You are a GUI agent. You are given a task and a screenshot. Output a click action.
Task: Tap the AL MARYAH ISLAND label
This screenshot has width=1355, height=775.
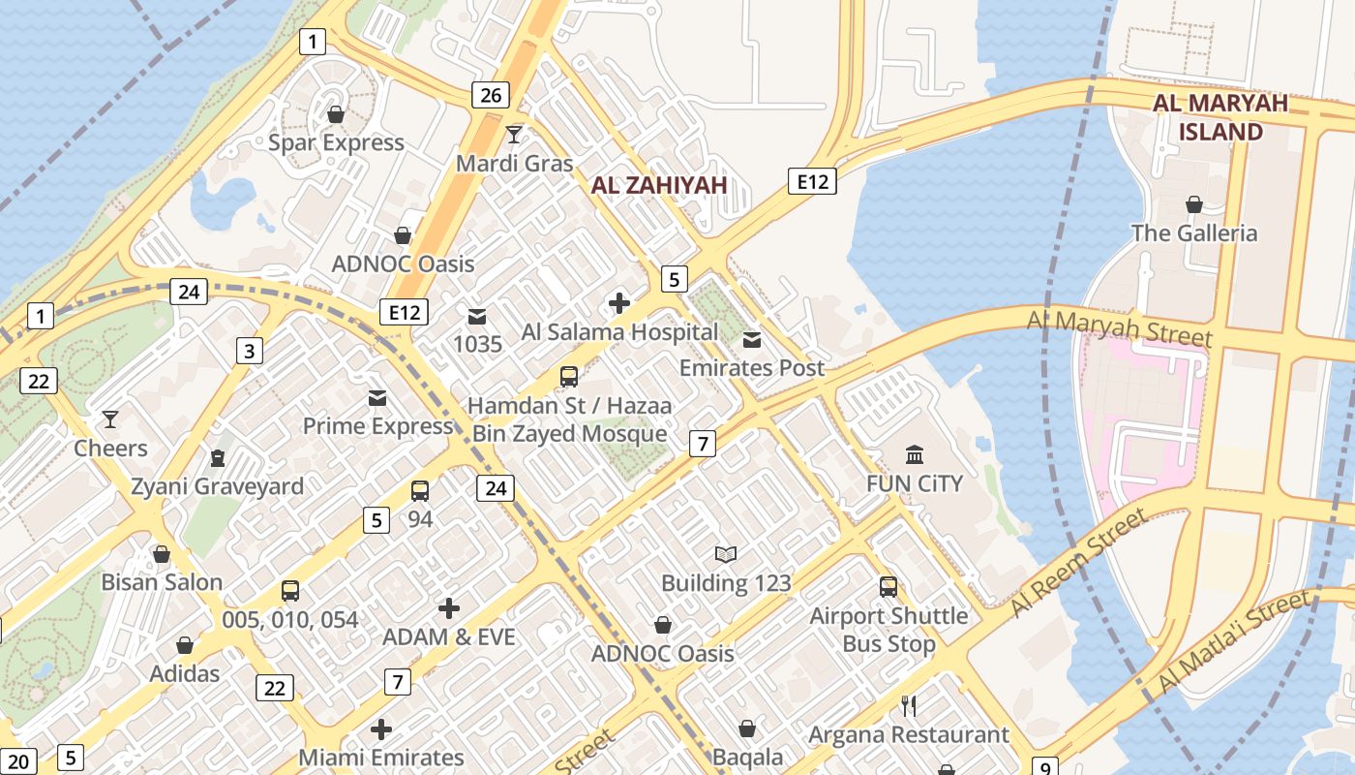[x=1220, y=117]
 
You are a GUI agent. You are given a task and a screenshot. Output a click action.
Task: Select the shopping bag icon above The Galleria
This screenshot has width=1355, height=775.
[x=1194, y=204]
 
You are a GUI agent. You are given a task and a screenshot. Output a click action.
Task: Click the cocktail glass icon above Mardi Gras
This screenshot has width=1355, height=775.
[x=514, y=134]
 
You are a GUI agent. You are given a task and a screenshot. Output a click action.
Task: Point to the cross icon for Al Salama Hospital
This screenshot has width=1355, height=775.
[x=619, y=303]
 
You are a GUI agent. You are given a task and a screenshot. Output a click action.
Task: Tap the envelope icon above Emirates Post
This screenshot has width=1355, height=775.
[x=752, y=339]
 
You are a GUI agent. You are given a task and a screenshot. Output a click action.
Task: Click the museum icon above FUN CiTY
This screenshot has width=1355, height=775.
[x=915, y=453]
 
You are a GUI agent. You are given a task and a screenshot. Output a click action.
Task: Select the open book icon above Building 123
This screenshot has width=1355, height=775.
[x=726, y=554]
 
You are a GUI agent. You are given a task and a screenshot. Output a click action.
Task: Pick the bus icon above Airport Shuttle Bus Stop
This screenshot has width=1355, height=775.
[x=888, y=586]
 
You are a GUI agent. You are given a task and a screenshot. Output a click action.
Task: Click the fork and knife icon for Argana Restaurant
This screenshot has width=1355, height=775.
[x=909, y=705]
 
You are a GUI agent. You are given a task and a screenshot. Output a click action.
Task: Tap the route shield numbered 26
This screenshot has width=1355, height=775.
[x=491, y=95]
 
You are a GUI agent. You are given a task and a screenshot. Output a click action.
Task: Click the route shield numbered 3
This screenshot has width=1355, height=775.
[x=250, y=351]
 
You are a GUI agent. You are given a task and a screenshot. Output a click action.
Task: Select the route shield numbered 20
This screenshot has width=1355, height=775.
[x=19, y=761]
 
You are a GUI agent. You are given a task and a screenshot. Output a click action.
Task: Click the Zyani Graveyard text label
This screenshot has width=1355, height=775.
[x=218, y=486]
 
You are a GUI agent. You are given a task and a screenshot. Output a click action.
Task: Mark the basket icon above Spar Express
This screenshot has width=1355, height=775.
[x=336, y=114]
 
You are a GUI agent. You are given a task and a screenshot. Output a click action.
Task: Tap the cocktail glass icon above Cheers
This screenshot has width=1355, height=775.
[x=110, y=419]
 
